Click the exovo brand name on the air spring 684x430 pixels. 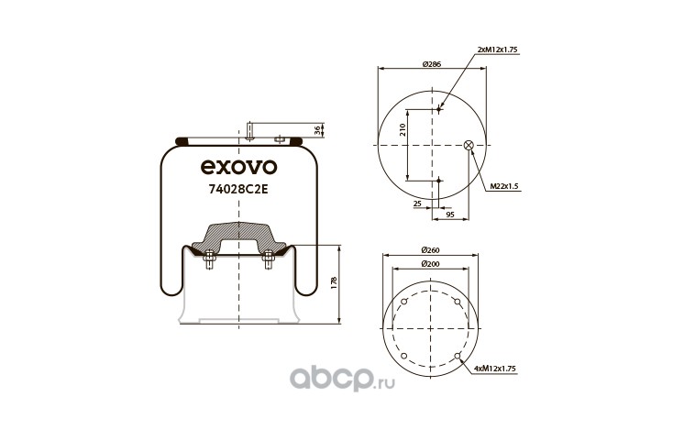[238, 167]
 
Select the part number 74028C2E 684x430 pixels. [238, 189]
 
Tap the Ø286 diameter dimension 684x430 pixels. [432, 63]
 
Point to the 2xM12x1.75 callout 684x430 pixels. [498, 50]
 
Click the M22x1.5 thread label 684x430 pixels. [504, 186]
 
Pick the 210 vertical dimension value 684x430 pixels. [403, 129]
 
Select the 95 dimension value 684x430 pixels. [450, 215]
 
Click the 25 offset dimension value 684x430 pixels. [417, 204]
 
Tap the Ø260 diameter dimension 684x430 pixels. [431, 250]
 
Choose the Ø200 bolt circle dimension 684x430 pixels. [431, 263]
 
